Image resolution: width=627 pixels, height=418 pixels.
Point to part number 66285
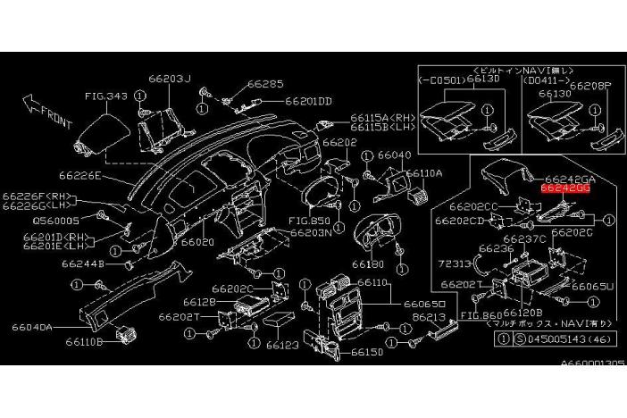point(265,84)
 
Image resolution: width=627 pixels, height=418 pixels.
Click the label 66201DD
point(308,101)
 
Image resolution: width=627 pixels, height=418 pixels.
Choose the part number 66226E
point(81,177)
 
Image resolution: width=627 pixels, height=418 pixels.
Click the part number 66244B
point(83,263)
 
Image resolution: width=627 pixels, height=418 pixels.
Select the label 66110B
point(87,342)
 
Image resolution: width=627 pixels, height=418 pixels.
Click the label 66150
point(366,352)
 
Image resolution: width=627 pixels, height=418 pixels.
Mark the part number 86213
point(429,316)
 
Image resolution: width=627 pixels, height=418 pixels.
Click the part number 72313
point(456,265)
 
